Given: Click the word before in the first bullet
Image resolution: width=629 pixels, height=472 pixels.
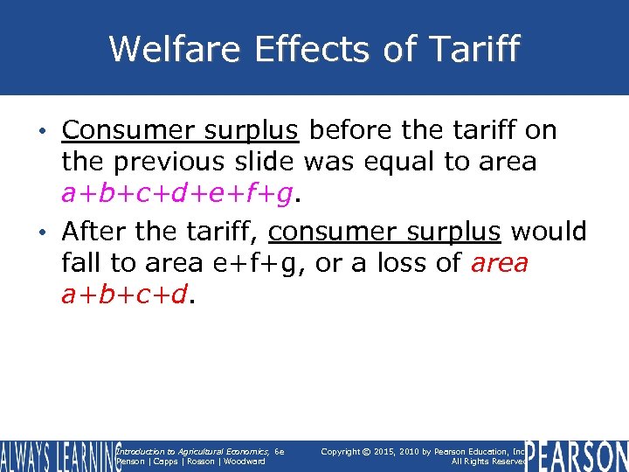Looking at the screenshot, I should point(352,131).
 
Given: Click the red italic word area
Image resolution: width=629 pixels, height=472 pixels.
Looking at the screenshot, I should point(499,263).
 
